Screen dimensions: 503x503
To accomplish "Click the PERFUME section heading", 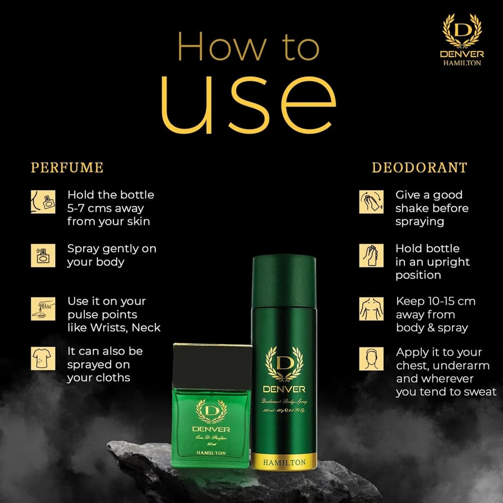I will [67, 168].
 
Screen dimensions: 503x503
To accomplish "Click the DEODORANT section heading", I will [419, 168].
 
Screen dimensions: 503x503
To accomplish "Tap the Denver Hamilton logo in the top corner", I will [462, 40].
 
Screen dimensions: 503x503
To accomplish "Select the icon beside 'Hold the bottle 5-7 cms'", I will [43, 202].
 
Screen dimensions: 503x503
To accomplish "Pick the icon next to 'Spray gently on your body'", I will [43, 256].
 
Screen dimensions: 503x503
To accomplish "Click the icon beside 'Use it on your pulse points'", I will [43, 309].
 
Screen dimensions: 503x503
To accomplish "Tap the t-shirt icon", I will [43, 359].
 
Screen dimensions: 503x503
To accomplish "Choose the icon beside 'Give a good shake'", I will [372, 202].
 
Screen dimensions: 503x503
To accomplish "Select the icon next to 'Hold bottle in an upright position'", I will [372, 256].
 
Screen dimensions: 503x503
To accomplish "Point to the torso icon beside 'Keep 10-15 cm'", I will [372, 309].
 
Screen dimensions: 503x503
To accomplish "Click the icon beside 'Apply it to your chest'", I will [372, 359].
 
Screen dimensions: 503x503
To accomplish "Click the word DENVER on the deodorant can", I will [284, 389].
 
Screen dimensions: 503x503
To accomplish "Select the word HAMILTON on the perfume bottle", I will [211, 453].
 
